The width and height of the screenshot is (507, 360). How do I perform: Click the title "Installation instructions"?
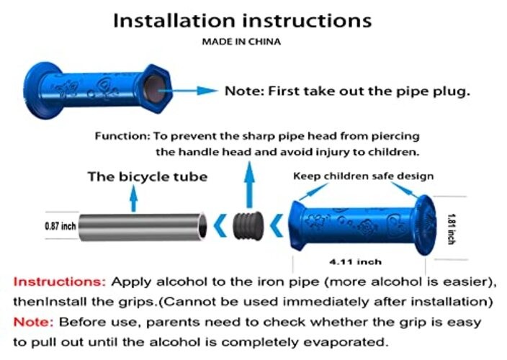tap(243, 21)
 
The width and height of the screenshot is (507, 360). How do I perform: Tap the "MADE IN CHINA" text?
tap(241, 42)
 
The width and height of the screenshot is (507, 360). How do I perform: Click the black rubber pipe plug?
tap(248, 225)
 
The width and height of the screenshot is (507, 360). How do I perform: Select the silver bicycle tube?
tap(143, 227)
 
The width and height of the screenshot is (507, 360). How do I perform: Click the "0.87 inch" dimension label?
tap(60, 226)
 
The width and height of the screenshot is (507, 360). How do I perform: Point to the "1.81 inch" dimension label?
tap(452, 229)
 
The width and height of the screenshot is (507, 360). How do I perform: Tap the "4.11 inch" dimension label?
tap(355, 261)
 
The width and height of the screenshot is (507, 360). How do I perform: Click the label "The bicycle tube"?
tap(148, 176)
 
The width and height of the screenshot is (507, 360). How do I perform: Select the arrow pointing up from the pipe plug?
tap(249, 184)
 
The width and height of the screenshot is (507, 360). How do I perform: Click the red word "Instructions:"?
tap(60, 282)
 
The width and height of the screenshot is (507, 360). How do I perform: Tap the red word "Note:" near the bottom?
tap(33, 322)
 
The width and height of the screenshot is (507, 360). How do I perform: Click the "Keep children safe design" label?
tap(364, 176)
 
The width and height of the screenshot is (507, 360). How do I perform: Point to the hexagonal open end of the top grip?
tap(156, 88)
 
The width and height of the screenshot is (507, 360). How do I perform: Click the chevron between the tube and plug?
tap(220, 226)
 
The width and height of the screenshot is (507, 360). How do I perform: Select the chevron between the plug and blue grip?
tap(277, 225)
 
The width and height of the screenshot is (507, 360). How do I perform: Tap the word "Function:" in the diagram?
tap(122, 136)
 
